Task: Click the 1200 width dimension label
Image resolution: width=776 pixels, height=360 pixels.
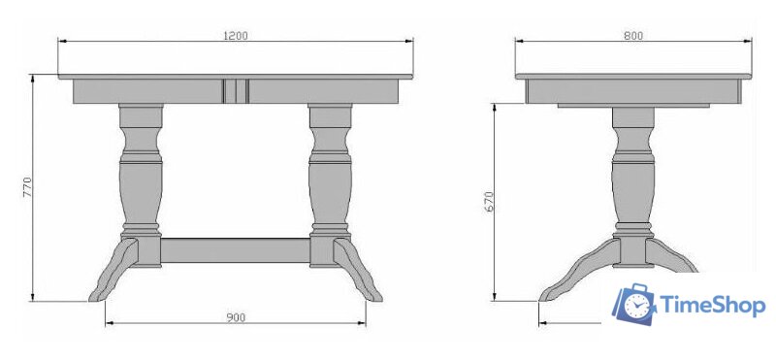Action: click(x=236, y=36)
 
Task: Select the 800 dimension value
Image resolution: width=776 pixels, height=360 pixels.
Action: click(x=633, y=36)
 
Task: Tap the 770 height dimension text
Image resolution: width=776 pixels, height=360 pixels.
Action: click(x=27, y=187)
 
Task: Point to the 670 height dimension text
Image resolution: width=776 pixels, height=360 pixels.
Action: click(x=489, y=202)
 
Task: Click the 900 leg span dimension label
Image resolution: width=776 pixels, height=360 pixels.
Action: click(x=236, y=317)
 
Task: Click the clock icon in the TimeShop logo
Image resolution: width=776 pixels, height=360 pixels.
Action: click(x=637, y=306)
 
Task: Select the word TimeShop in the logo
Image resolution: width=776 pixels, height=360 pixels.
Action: click(x=712, y=305)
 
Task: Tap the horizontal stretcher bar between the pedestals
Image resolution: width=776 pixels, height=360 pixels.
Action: click(x=236, y=250)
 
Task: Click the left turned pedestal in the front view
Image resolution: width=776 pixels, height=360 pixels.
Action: click(x=141, y=185)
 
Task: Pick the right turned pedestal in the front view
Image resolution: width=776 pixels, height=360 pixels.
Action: click(x=330, y=185)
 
